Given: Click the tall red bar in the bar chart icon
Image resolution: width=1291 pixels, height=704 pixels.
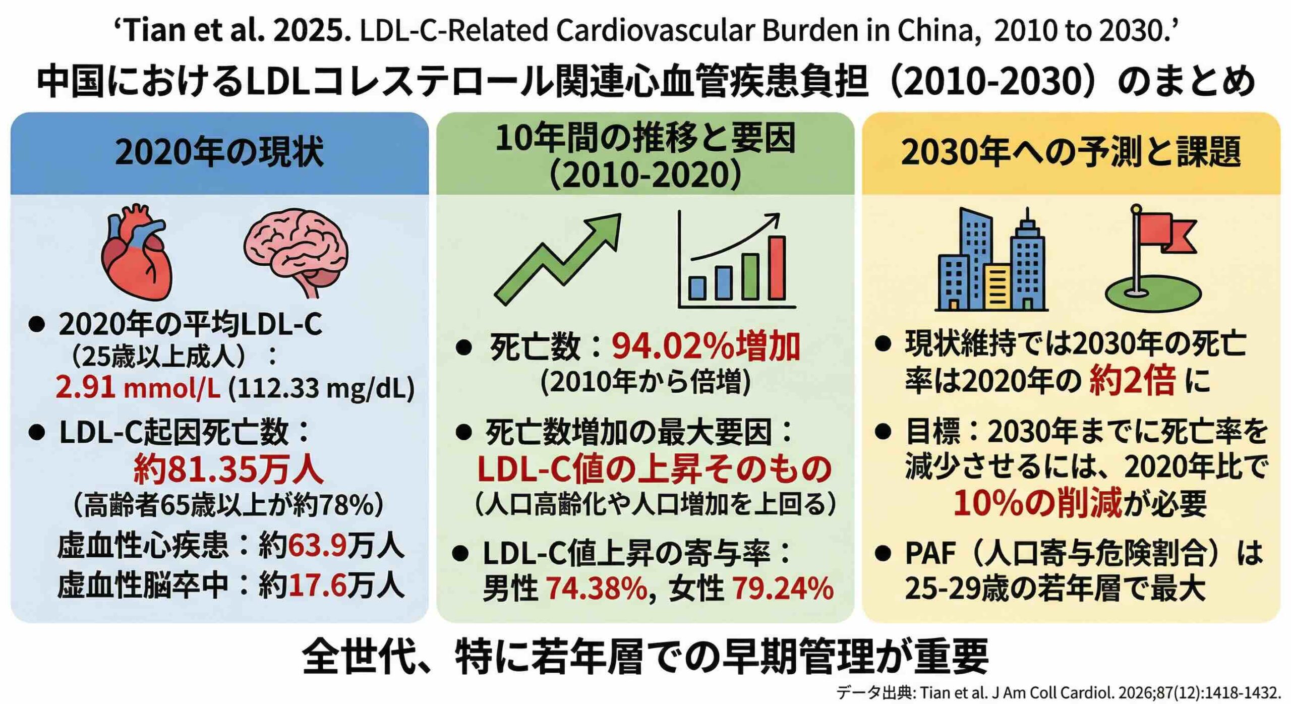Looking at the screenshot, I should click(x=777, y=267).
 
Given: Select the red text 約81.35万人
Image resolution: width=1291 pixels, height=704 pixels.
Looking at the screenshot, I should click(x=228, y=469).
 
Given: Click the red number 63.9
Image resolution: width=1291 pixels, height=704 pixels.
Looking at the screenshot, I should click(x=317, y=546).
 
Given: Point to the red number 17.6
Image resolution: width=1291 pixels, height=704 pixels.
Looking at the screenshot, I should click(x=317, y=585).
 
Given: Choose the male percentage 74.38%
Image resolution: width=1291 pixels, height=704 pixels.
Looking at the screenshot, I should click(x=597, y=588).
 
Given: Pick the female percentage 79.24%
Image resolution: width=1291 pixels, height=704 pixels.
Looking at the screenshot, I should click(x=782, y=588).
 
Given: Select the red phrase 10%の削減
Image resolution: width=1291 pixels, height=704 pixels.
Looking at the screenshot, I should click(x=1038, y=503).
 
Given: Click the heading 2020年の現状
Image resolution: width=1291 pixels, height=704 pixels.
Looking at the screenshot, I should click(x=219, y=152).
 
